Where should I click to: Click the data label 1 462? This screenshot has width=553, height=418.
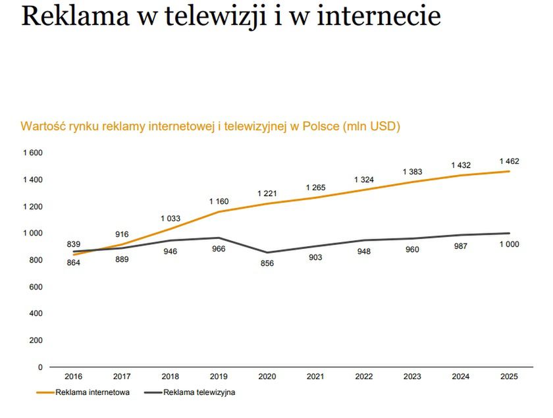coord(509,161)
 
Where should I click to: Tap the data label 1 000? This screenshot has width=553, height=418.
coord(509,245)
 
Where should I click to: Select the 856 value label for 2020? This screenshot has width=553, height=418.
coord(267,263)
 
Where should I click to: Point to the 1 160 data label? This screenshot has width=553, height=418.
coord(219,201)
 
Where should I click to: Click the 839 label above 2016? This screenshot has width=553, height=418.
coord(74,244)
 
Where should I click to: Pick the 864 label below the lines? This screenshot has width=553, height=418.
coord(74,263)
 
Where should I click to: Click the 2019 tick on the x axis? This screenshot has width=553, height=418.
coord(219,377)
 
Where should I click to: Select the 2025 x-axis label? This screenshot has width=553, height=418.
coord(509,377)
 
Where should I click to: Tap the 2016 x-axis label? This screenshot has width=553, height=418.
coord(74,377)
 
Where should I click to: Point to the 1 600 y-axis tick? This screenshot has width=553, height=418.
coord(33,153)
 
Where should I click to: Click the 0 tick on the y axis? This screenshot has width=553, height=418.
coord(40,367)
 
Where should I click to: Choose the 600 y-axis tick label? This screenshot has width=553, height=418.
coord(36,286)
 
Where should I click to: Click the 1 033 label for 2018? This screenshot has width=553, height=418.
coord(171,218)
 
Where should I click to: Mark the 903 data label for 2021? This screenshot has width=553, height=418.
coord(315,257)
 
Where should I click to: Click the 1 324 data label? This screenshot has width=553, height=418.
coord(364,180)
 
